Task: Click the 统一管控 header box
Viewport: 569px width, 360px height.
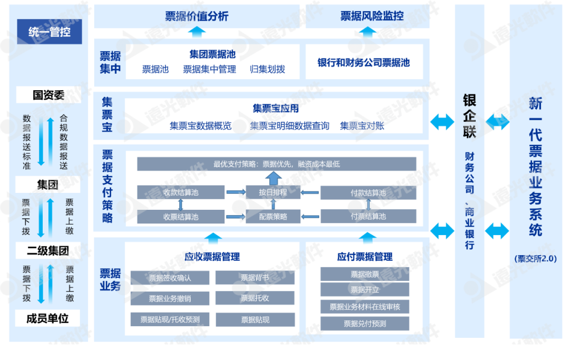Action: (49, 33)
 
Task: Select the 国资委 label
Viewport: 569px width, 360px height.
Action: (48, 95)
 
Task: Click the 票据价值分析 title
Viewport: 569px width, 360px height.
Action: (197, 16)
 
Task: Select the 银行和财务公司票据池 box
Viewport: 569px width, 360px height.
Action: (364, 63)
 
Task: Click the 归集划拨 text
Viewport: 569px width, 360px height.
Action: (268, 69)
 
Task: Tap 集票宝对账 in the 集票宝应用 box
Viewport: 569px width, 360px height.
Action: (362, 126)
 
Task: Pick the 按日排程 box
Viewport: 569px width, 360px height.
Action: (273, 192)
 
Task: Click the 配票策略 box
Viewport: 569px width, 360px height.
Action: (273, 217)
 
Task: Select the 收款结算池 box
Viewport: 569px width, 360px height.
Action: (181, 192)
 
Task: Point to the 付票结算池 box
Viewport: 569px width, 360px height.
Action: (368, 217)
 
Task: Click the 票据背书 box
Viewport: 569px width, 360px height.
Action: (255, 278)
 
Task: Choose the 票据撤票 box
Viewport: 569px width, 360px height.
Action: (365, 274)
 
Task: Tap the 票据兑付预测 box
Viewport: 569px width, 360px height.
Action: (365, 324)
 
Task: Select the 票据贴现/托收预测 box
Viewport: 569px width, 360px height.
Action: (170, 319)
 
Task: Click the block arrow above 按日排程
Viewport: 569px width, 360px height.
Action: (273, 178)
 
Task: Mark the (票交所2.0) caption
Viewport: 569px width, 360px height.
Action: (535, 258)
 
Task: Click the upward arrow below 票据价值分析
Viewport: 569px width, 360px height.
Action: (197, 33)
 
